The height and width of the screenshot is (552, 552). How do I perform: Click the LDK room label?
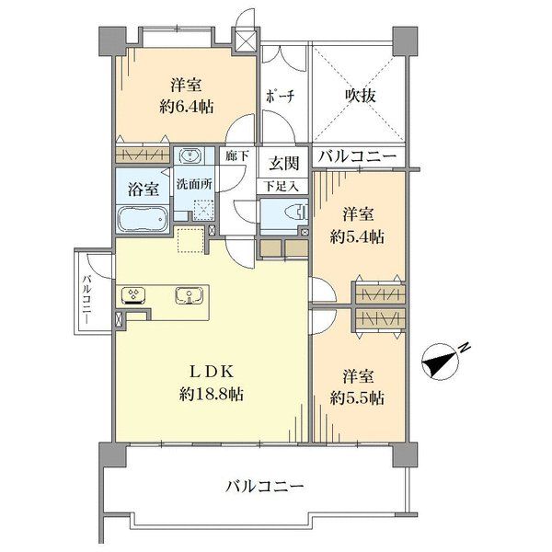point(212,372)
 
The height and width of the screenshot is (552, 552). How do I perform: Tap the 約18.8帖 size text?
point(212,395)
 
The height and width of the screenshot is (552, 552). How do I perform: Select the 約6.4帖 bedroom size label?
point(187,107)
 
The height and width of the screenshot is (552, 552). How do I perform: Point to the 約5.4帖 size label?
point(357,237)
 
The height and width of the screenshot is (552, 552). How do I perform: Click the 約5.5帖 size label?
point(357,398)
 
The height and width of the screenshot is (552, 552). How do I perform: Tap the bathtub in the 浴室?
point(143,219)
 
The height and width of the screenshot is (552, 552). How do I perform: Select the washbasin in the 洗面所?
point(190,155)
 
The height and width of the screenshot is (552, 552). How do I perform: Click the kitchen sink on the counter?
point(190,295)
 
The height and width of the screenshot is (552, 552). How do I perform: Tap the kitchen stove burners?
point(133,295)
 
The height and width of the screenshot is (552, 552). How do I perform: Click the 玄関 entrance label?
point(284,164)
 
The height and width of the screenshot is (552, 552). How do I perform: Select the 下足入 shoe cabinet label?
point(282,186)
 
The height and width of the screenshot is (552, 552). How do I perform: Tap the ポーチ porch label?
point(280,96)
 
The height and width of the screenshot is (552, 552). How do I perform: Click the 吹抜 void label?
point(360,95)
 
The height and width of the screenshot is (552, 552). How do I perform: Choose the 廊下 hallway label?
point(237,155)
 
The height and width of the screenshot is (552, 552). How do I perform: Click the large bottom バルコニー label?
point(264,488)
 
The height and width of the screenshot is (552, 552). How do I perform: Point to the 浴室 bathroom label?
point(143,190)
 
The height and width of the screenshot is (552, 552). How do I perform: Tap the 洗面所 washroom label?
point(194,184)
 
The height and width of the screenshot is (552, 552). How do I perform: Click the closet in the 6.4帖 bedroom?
point(143,155)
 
